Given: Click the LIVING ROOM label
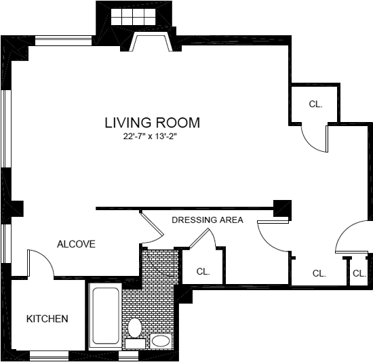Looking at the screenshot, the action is tap(152, 123).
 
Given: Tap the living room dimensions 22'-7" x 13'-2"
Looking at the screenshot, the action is tap(151, 136).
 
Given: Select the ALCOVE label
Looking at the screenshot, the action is tap(76, 244).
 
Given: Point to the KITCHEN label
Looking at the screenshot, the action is tap(47, 319).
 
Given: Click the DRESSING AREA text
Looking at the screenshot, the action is tap(208, 220).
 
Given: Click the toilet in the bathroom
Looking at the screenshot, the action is tap(135, 327).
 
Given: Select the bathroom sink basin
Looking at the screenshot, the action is tap(161, 341).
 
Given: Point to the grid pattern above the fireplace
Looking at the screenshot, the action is tap(133, 17).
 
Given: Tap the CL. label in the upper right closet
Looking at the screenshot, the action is tap(315, 104).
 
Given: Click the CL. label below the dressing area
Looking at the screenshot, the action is tap(203, 271).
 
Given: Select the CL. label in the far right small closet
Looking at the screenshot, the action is tap(359, 273).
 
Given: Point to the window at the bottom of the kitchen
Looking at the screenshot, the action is tap(49, 356).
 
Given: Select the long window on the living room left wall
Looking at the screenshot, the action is tap(6, 129).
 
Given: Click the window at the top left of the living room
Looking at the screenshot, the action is tap(64, 41).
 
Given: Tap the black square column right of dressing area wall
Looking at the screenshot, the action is tap(282, 208).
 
